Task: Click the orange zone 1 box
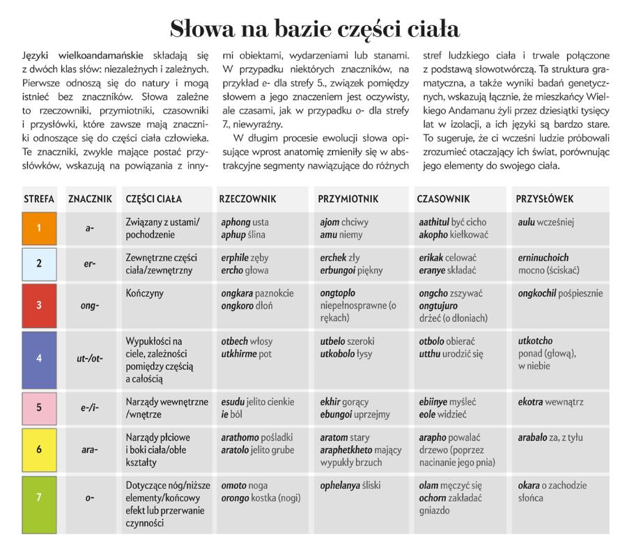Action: [39, 228]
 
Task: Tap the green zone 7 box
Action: [39, 497]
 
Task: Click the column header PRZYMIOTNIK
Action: [348, 199]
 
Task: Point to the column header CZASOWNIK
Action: [444, 199]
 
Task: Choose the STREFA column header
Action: [39, 199]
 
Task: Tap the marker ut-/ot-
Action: [90, 359]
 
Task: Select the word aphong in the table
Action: [235, 222]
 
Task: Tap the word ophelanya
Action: [345, 486]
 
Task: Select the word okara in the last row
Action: [529, 486]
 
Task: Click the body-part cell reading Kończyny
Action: [145, 294]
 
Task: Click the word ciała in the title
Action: [427, 29]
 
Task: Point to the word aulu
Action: [529, 222]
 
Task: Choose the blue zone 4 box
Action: [39, 359]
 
